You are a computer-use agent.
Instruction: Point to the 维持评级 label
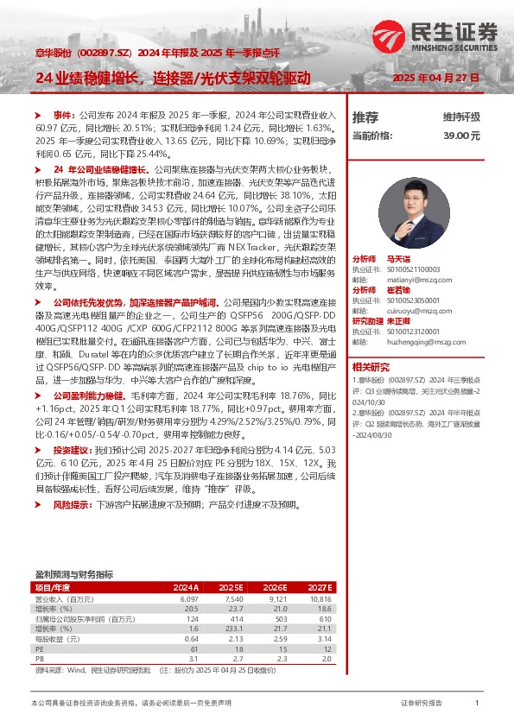[461, 117]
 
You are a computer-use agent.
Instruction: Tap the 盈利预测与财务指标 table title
[73, 574]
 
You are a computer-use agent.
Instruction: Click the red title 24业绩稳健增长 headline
[173, 79]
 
